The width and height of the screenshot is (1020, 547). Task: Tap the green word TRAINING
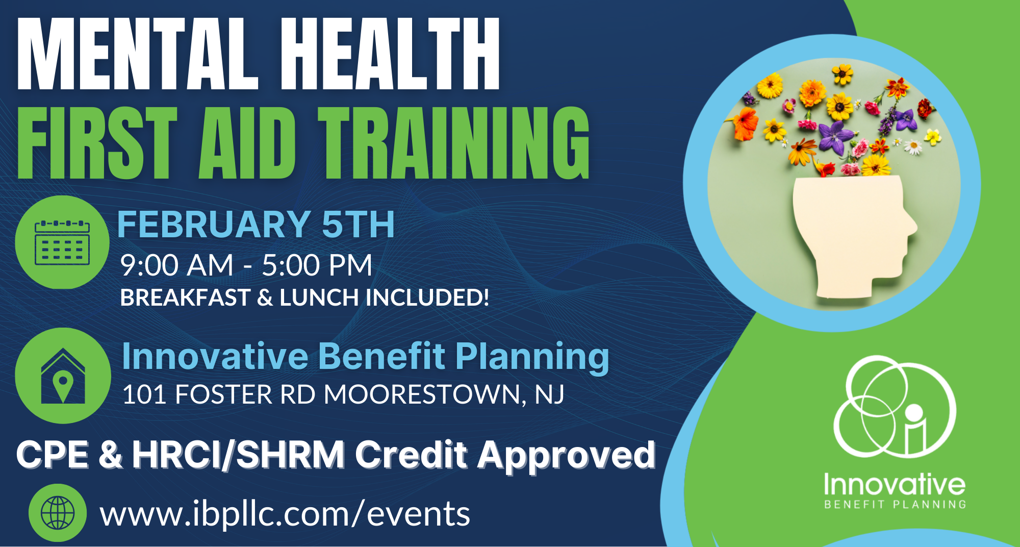[x=454, y=144]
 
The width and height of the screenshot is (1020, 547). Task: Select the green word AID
[x=247, y=144]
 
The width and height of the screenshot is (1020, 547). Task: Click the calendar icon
[x=62, y=243]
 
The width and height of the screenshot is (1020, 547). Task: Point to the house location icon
[x=63, y=376]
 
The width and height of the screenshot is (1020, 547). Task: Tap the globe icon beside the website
[x=58, y=512]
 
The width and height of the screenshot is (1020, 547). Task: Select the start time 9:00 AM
[x=176, y=265]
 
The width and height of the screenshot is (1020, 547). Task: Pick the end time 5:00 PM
[x=317, y=265]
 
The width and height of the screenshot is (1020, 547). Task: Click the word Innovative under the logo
[x=895, y=485]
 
